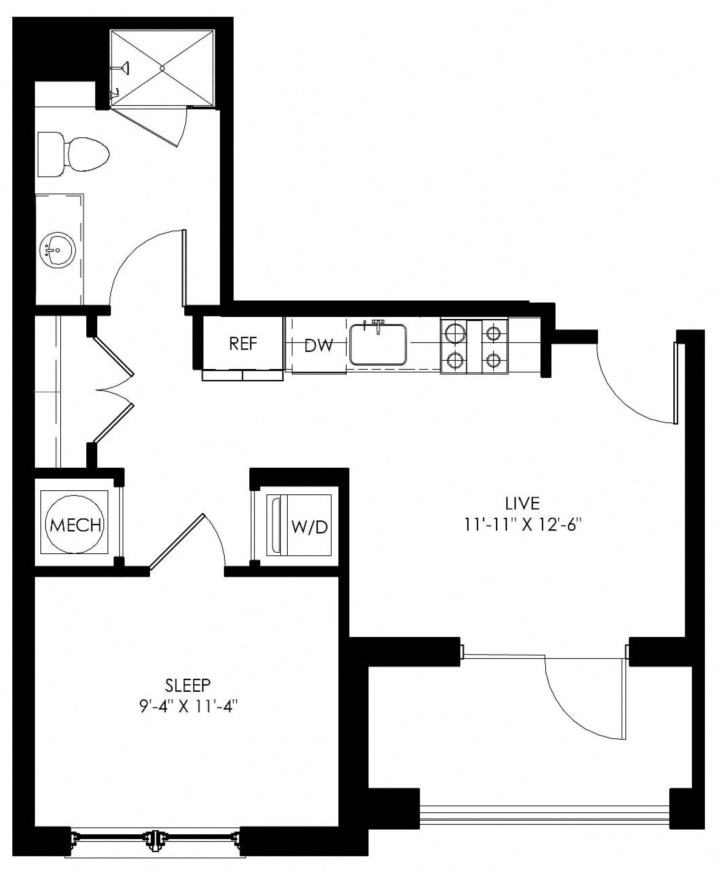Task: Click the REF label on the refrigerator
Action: tap(243, 343)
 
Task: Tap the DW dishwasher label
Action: tap(319, 345)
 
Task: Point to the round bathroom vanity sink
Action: tap(57, 250)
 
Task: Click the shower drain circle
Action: tap(162, 68)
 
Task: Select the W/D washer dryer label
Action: tap(310, 527)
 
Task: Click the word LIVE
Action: tap(522, 504)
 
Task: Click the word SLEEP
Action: tap(188, 686)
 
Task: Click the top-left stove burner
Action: tap(453, 332)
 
